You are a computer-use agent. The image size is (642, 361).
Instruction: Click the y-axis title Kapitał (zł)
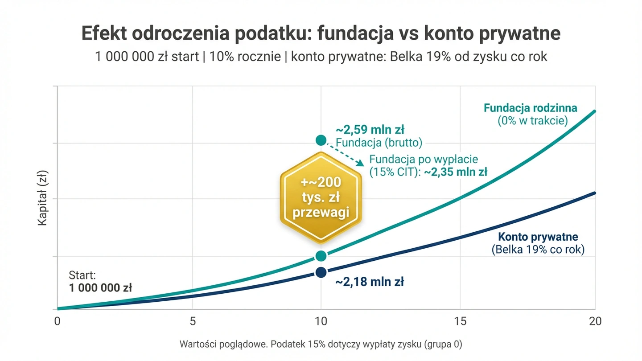click(x=43, y=199)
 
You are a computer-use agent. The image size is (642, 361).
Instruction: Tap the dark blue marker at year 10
click(x=321, y=272)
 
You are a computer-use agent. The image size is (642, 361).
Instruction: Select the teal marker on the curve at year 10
click(x=321, y=256)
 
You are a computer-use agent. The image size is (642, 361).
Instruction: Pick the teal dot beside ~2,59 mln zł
click(x=321, y=140)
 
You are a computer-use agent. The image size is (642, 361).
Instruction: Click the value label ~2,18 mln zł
click(x=370, y=282)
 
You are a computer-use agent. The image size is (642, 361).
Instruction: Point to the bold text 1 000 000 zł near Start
click(x=100, y=287)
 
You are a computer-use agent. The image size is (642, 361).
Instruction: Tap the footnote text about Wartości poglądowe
click(x=321, y=344)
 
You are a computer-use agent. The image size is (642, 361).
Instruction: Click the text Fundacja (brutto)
click(x=379, y=142)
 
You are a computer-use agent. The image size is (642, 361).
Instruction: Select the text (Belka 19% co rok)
click(x=538, y=250)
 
